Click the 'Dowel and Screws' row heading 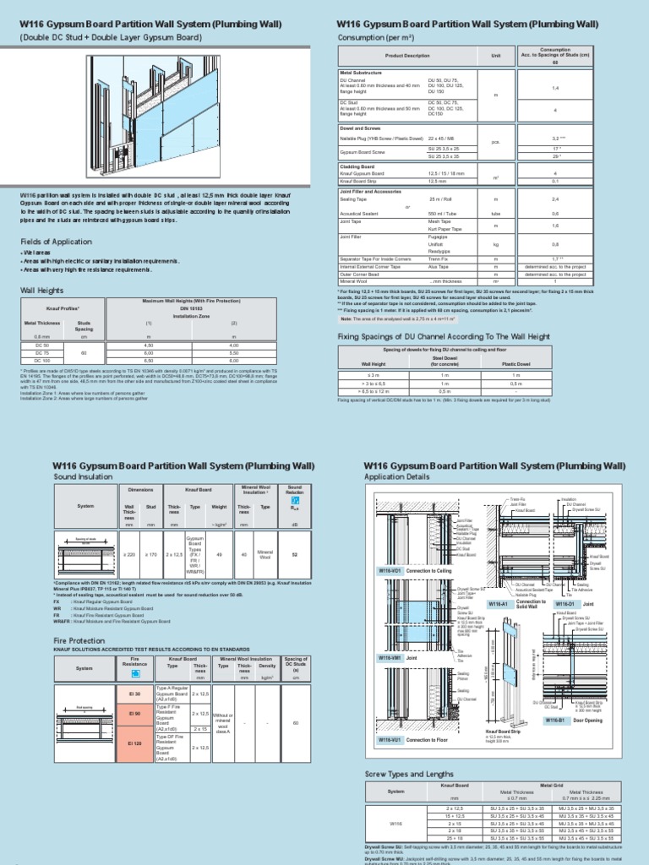360,128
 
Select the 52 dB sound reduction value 294,556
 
